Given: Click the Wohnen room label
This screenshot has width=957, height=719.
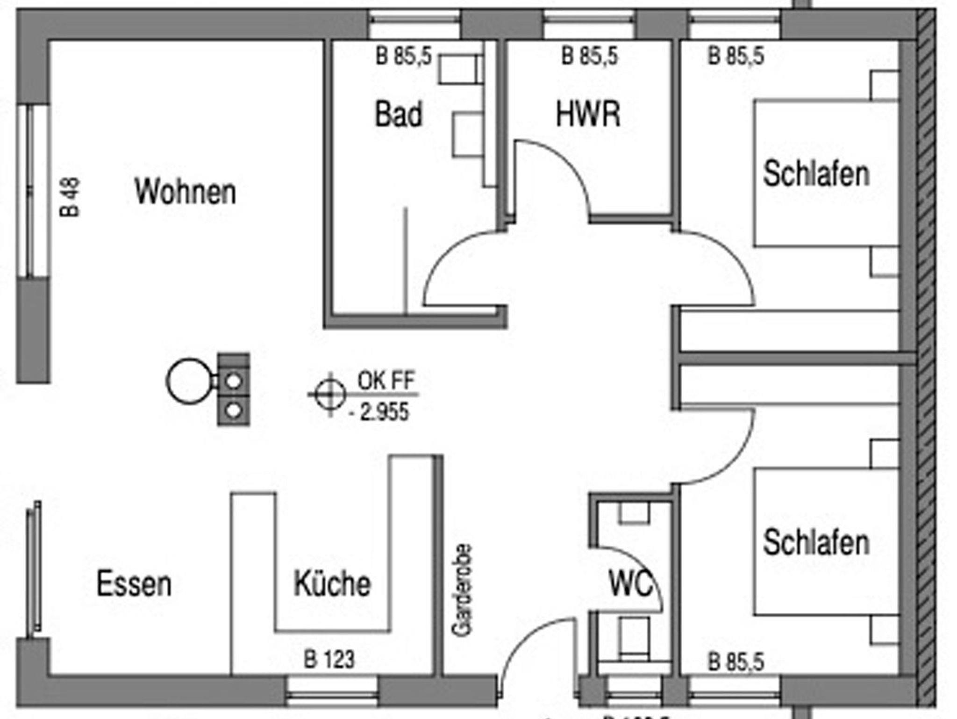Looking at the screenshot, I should coord(185,192).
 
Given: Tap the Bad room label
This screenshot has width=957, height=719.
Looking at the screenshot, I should coord(399,114).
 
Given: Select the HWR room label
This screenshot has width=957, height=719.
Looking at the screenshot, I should coord(588,114).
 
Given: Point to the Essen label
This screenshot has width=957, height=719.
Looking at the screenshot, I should coord(134,584).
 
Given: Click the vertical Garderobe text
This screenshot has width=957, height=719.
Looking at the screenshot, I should coord(463,590).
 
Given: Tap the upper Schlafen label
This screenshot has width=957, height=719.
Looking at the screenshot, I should coord(816,174).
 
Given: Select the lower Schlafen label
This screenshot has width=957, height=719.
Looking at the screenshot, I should coord(816,543).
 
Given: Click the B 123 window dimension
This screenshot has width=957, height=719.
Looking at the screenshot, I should coord(329,660).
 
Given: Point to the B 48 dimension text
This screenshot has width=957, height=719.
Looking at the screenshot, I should coord(70,197).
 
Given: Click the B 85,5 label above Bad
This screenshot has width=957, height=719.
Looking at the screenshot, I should coord(404,57).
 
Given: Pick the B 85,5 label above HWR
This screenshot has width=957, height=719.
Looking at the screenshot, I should coord(590,56).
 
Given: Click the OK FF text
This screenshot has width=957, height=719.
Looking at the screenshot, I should coord(386,381).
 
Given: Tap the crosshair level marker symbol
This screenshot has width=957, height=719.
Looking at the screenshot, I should coord(330,395).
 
